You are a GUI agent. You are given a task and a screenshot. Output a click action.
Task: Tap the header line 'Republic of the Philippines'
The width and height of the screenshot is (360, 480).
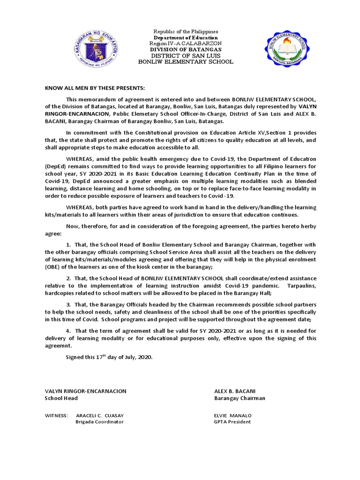coord(187,31)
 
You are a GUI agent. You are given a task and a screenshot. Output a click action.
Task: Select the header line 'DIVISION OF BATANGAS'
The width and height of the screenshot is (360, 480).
coord(186,50)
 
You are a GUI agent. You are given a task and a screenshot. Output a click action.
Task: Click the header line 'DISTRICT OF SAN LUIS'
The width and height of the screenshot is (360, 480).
coord(186,56)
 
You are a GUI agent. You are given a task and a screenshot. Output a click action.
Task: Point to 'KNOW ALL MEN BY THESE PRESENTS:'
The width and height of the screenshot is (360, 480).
coord(95,88)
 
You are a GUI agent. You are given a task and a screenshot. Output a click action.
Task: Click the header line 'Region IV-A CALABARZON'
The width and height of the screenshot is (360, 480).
coord(186,44)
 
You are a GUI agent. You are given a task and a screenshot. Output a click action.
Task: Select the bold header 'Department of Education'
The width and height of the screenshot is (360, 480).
coord(186,37)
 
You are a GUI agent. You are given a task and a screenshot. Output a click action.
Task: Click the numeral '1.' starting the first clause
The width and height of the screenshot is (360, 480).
coord(68,245)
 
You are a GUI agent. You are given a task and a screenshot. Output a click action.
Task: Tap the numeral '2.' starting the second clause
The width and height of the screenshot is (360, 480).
coord(68,278)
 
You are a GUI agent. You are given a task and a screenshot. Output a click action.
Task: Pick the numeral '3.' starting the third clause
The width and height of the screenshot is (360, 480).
coord(68,304)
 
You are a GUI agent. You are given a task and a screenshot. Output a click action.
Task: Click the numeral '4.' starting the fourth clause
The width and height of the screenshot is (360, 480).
coord(68,330)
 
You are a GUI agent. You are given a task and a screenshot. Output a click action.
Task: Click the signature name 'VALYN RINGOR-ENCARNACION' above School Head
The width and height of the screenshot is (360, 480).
coord(85,391)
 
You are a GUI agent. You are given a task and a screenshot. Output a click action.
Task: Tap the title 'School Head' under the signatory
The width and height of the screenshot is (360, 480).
coord(61,398)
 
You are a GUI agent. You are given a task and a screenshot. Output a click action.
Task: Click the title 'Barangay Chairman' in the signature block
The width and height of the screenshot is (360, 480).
coord(240,398)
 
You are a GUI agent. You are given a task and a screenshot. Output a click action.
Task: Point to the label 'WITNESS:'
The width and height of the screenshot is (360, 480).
coord(56,415)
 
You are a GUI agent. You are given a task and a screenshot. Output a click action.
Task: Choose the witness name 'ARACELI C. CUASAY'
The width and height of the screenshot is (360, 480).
coord(100,415)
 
